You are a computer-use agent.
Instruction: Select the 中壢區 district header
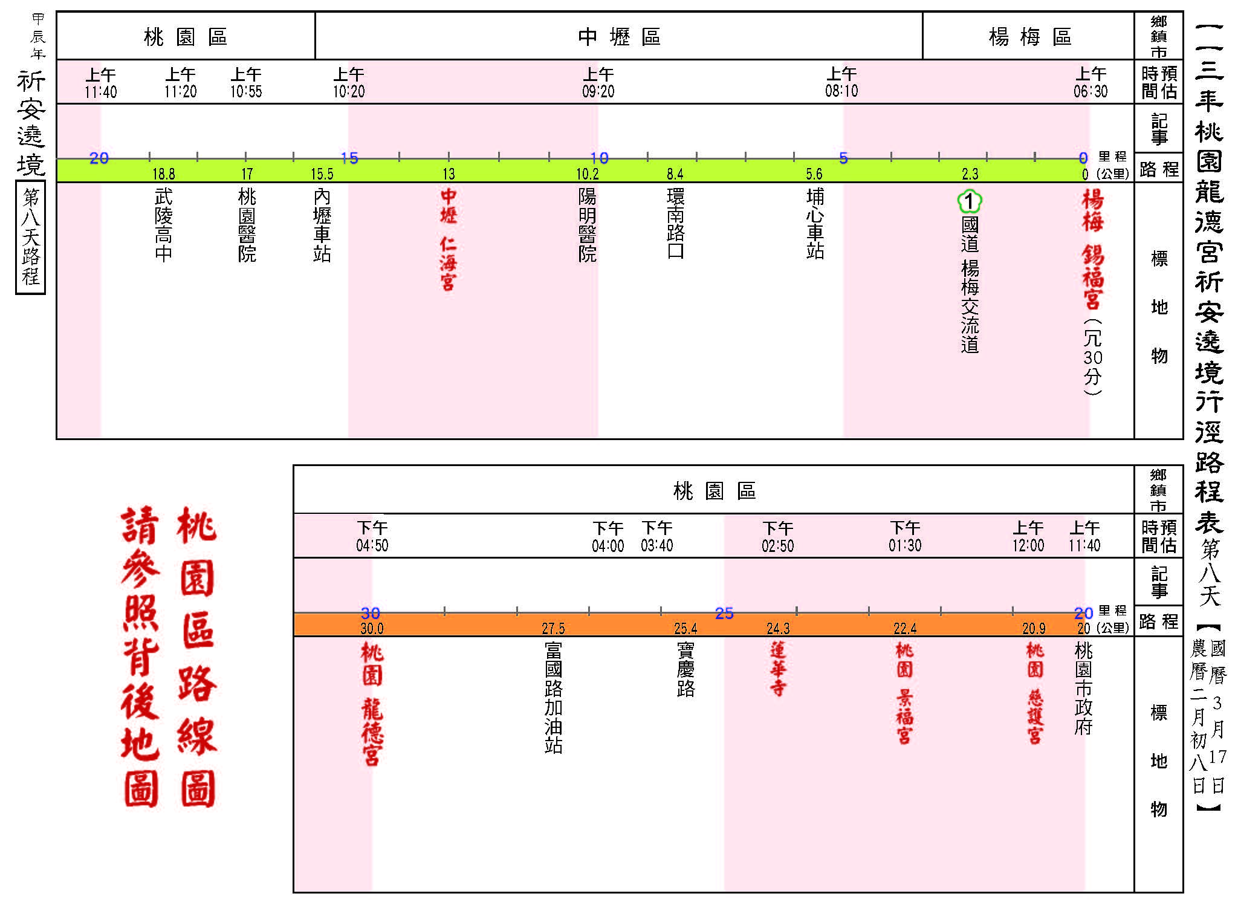click(619, 37)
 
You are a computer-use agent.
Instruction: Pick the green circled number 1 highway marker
click(970, 202)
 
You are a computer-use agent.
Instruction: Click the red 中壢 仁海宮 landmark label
click(448, 239)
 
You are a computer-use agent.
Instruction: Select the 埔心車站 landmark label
click(815, 224)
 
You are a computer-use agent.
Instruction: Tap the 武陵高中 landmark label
click(164, 224)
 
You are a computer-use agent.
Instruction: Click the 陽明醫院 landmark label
click(588, 224)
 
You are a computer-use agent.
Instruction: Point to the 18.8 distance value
click(164, 175)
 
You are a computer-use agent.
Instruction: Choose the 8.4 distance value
click(675, 175)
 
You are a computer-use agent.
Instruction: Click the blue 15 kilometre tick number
click(349, 158)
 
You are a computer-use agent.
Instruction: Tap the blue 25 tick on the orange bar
click(724, 614)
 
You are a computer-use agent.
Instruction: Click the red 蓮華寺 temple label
click(778, 669)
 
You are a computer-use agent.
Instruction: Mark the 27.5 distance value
click(554, 629)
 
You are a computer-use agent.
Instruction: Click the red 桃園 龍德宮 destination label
click(372, 704)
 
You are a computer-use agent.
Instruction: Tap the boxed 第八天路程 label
click(31, 238)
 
